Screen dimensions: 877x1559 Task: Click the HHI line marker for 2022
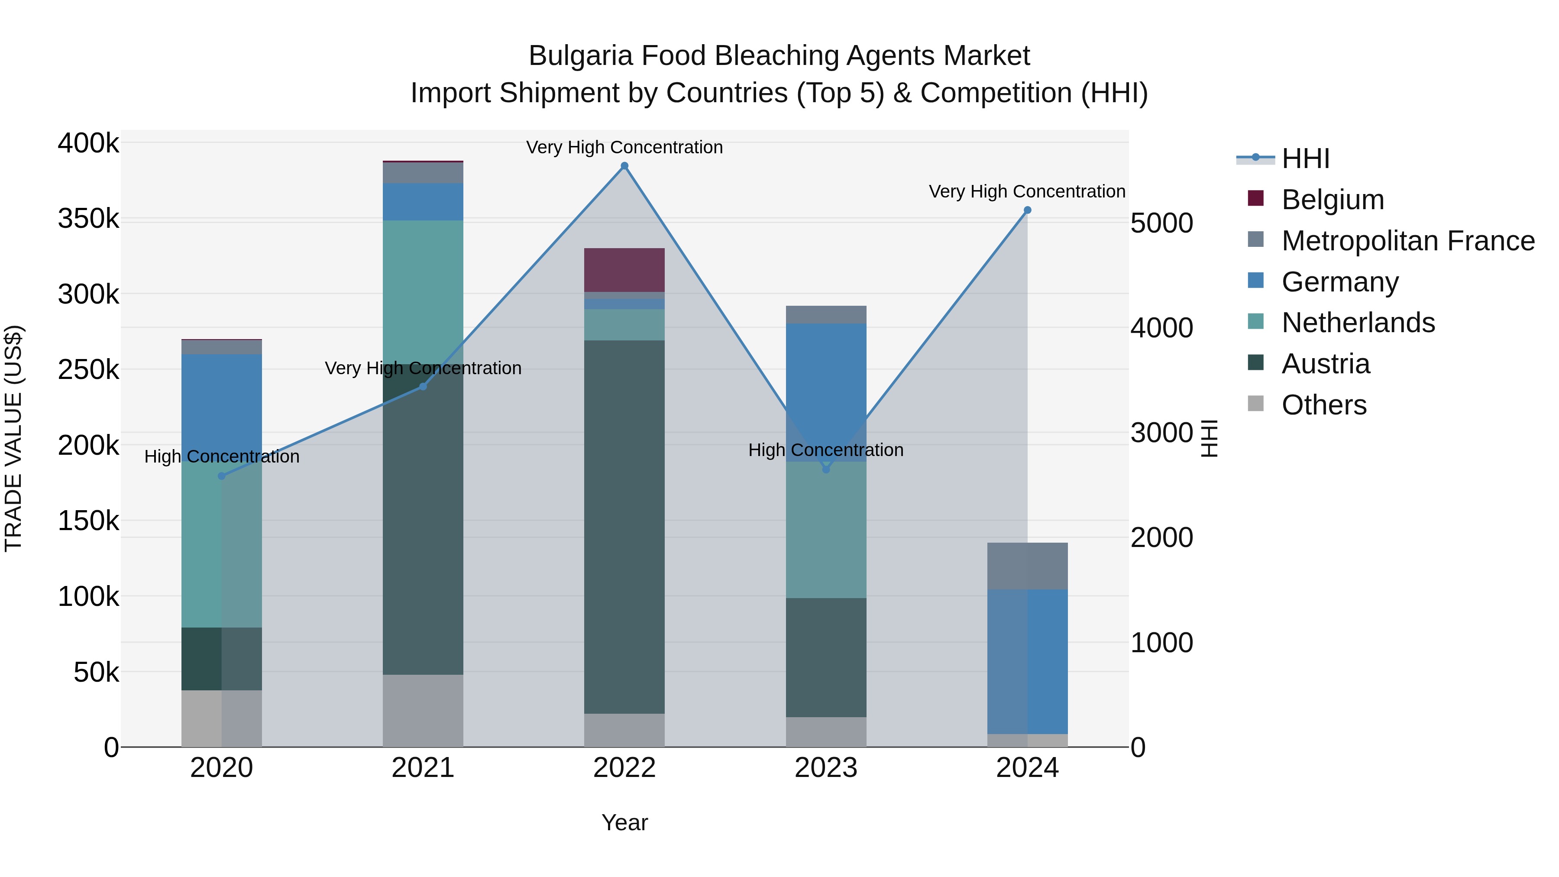[x=624, y=166]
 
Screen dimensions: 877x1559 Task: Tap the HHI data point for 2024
[x=1027, y=210]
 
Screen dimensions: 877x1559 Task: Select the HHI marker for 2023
[x=826, y=469]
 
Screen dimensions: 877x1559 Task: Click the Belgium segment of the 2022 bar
[x=624, y=270]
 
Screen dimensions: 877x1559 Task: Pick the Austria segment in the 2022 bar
[x=624, y=527]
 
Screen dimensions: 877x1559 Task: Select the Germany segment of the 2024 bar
[x=1027, y=661]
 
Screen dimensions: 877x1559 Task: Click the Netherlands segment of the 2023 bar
[x=826, y=530]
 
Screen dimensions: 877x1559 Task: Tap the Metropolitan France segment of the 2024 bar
[x=1027, y=566]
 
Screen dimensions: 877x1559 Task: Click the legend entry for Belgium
[x=1332, y=200]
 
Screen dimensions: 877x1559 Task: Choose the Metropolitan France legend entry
[x=1408, y=241]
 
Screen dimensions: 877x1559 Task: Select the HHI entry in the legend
[x=1305, y=159]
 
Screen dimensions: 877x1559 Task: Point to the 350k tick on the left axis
[x=89, y=219]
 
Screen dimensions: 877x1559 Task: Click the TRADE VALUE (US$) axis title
[x=13, y=438]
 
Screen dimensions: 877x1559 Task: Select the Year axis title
[x=624, y=822]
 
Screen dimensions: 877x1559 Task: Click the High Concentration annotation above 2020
[x=221, y=456]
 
